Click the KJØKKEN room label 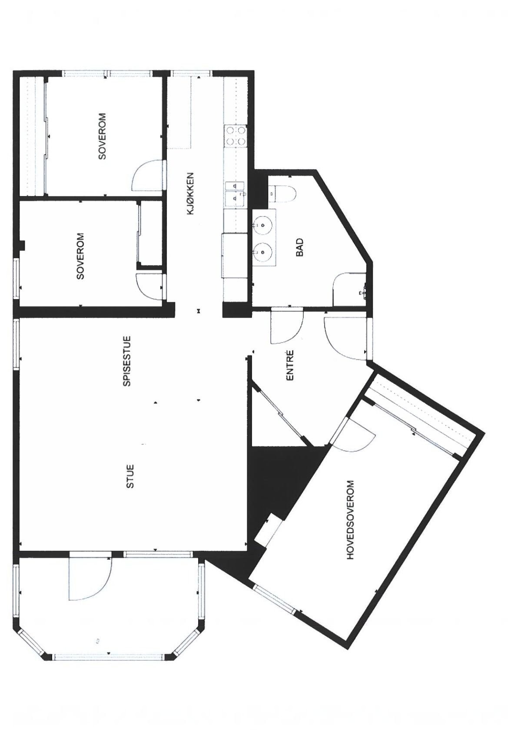[x=190, y=194]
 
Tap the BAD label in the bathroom [x=300, y=247]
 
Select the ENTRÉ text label [x=290, y=366]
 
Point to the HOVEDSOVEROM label [x=350, y=520]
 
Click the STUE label [x=130, y=476]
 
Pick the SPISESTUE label [x=127, y=361]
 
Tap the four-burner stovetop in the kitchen [x=235, y=136]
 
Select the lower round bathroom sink [x=263, y=251]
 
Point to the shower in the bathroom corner [x=350, y=290]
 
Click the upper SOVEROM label [x=103, y=136]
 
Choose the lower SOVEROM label [x=80, y=256]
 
